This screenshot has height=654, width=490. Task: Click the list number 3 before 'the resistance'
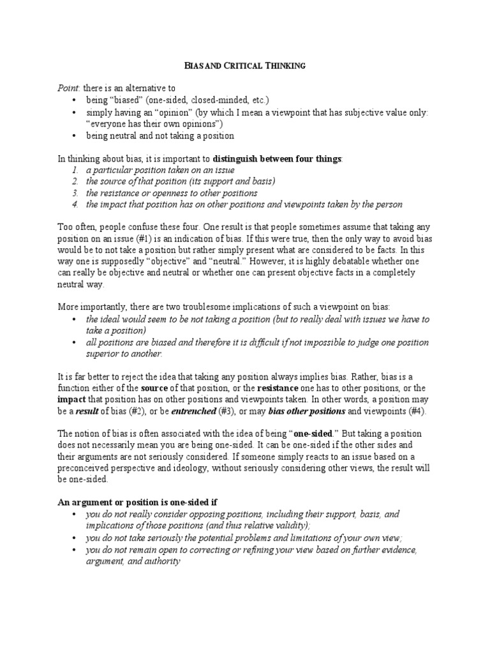tap(74, 194)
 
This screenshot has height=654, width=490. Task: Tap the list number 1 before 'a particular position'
tap(74, 171)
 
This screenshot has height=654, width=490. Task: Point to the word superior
tap(105, 354)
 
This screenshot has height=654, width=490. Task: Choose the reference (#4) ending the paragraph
tap(404, 412)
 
